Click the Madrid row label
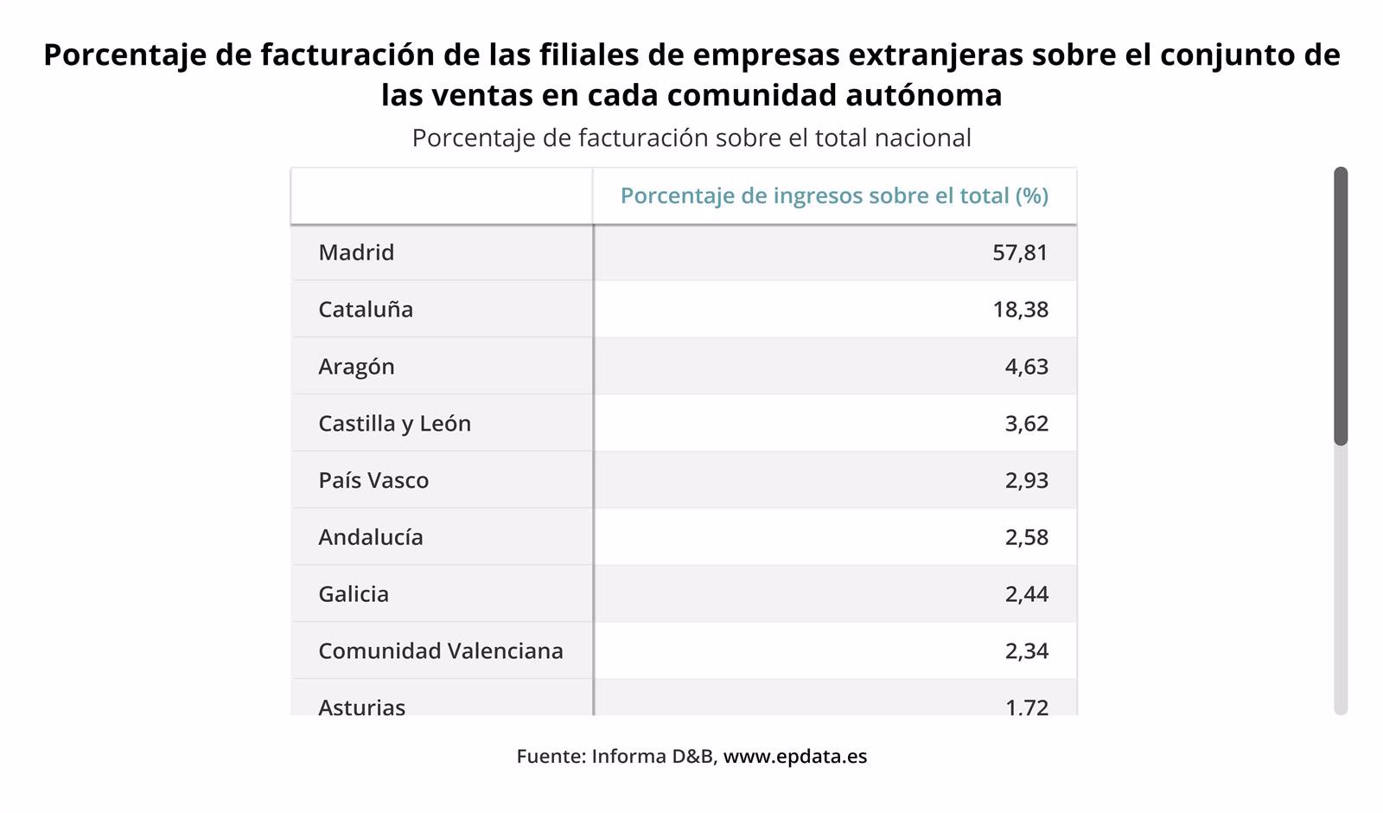pos(356,253)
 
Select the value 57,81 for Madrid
pos(1020,253)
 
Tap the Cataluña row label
pos(366,310)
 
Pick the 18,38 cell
pos(1020,310)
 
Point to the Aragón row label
pos(356,367)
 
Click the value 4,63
pos(1026,367)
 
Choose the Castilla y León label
pos(394,424)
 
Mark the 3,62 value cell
pos(1026,424)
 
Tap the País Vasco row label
pos(373,481)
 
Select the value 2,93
pos(1026,481)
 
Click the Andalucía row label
pos(371,537)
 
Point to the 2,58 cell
pos(1026,537)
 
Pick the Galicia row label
pos(354,594)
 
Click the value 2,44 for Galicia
pos(1026,594)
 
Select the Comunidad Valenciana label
pos(441,651)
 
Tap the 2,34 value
pos(1026,651)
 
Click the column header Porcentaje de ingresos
pos(834,196)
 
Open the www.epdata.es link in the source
pos(794,757)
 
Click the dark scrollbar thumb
pos(1341,306)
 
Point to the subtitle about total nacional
pos(691,138)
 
